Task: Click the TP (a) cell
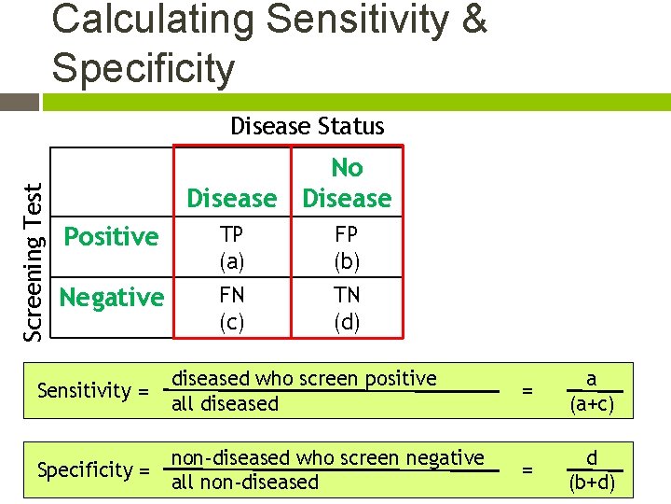click(x=232, y=247)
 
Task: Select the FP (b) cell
click(x=347, y=247)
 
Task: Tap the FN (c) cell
click(x=232, y=308)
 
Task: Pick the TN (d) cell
click(x=347, y=308)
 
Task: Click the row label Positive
click(x=111, y=237)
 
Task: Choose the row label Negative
click(x=111, y=298)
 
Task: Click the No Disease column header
click(x=347, y=183)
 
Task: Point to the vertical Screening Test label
click(x=34, y=260)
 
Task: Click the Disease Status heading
click(x=307, y=126)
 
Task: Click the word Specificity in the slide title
click(x=144, y=68)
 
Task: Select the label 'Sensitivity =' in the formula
click(x=93, y=390)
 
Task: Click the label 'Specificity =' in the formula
click(x=93, y=469)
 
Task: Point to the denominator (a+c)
click(x=591, y=403)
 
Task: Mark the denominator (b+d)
click(x=591, y=483)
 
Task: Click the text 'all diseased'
click(x=226, y=404)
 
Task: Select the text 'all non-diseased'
click(x=245, y=483)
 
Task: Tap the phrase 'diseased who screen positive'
click(x=305, y=379)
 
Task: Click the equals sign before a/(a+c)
click(x=527, y=391)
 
